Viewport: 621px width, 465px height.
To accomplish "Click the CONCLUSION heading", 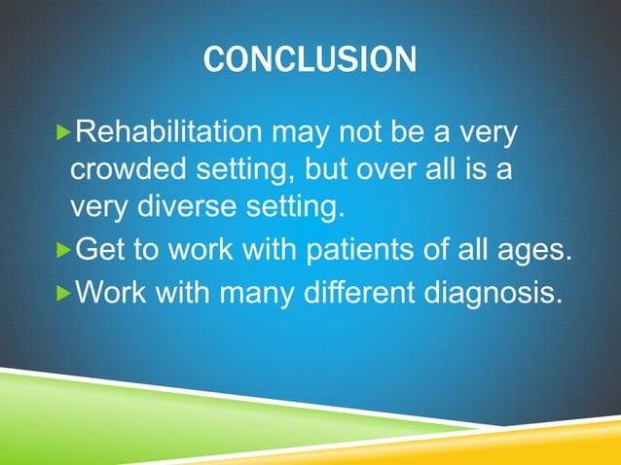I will (x=310, y=60).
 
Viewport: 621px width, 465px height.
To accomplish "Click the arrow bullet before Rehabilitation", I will (x=65, y=130).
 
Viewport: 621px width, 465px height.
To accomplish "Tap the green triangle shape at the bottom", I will (x=146, y=418).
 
